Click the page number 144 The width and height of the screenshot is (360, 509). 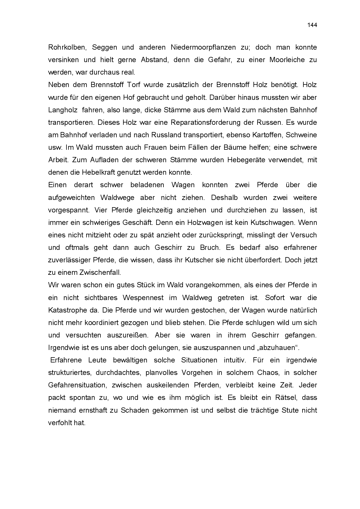click(x=312, y=25)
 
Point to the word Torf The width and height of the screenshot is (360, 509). click(x=134, y=85)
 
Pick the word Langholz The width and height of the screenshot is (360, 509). click(x=63, y=110)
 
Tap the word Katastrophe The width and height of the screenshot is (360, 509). click(x=68, y=310)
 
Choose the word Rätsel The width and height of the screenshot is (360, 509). click(x=287, y=398)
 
